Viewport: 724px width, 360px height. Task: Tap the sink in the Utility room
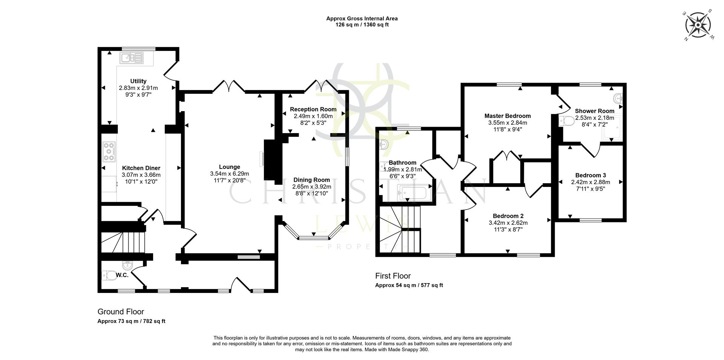(132, 58)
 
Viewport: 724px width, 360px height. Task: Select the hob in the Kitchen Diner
(109, 152)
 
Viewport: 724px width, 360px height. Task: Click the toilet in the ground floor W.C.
(110, 275)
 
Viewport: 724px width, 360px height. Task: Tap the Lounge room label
(229, 167)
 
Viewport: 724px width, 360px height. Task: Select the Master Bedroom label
(507, 116)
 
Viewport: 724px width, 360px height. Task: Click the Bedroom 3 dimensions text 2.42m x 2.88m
(590, 182)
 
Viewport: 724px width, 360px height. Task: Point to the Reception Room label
(313, 109)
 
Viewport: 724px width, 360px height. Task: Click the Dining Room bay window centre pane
(313, 238)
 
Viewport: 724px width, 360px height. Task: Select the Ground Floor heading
(121, 312)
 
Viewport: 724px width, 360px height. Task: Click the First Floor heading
(393, 276)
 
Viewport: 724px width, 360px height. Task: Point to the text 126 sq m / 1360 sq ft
(362, 25)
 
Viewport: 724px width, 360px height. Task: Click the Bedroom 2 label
(508, 216)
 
